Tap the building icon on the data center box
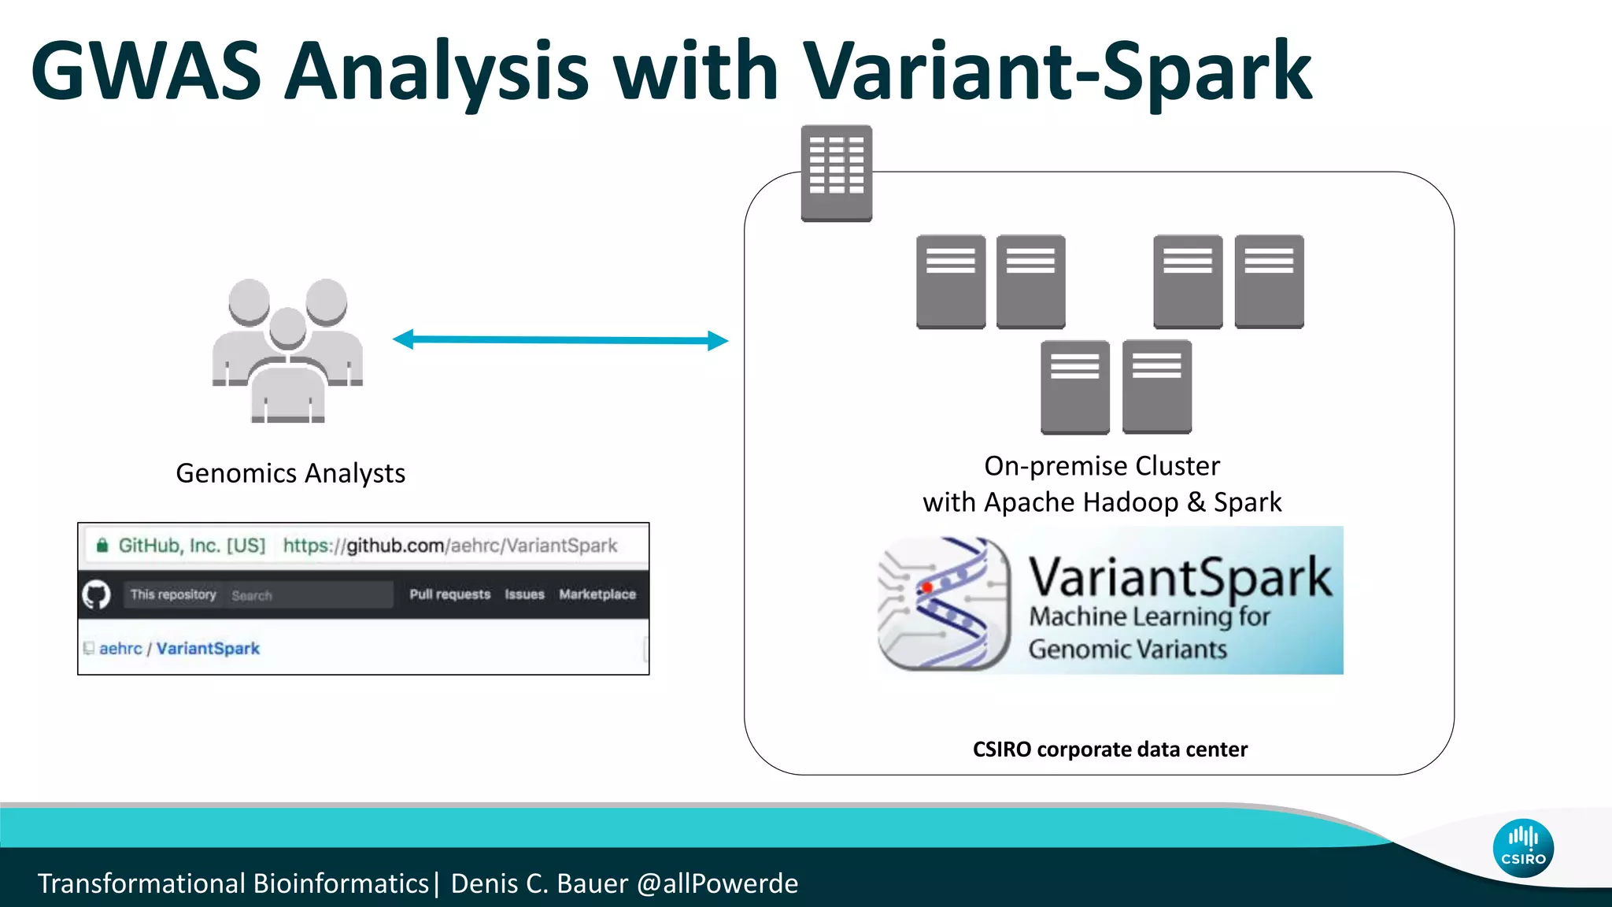tap(836, 172)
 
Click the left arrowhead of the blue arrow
tap(403, 339)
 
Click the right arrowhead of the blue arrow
tap(717, 341)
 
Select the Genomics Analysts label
tap(290, 473)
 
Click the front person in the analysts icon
tap(287, 370)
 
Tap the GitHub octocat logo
tap(97, 594)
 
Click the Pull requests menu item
tap(449, 594)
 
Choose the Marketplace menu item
tap(597, 594)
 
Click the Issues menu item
tap(524, 594)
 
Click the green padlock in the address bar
tap(102, 546)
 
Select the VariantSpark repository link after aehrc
tap(208, 649)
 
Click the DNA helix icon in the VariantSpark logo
tap(945, 603)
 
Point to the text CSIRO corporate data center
tap(1110, 749)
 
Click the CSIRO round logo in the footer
tap(1522, 848)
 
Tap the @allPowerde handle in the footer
tap(717, 883)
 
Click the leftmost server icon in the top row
tap(951, 281)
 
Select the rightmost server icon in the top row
tap(1269, 281)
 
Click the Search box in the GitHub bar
tap(307, 595)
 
